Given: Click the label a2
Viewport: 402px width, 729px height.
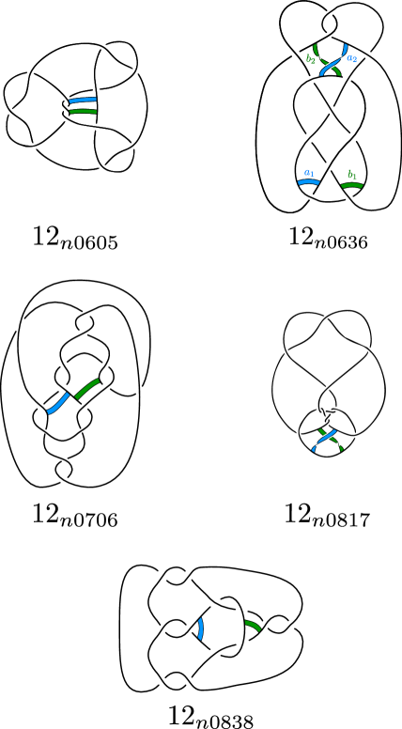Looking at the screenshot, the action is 351,59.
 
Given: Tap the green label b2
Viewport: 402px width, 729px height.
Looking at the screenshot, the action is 310,59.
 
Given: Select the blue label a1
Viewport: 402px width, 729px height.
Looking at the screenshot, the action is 308,173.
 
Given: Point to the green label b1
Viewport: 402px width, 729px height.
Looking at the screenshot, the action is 351,175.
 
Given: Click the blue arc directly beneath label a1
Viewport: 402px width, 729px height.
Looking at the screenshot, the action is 308,182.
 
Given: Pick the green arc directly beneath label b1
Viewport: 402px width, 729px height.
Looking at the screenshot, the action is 351,185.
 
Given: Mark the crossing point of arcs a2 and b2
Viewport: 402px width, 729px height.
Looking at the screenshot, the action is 329,64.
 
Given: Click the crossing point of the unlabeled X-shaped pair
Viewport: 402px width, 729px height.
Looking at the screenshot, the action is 327,438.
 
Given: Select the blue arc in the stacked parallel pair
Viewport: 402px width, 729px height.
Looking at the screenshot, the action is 83,100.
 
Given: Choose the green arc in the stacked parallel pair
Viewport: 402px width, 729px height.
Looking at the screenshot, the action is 83,111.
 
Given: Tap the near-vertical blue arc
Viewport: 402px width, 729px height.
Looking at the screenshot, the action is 200,628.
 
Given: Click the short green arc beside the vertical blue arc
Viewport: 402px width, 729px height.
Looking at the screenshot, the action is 253,625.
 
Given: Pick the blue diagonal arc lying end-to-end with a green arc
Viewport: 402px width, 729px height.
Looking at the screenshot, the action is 58,404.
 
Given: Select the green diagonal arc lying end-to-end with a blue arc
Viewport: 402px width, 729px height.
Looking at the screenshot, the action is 86,388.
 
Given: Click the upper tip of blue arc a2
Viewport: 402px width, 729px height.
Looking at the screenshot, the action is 346,45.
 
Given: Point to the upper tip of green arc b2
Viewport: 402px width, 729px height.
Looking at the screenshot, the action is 315,45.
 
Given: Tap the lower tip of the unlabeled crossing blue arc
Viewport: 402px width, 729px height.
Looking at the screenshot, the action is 313,451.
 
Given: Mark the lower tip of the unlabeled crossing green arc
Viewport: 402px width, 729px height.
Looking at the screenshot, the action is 342,450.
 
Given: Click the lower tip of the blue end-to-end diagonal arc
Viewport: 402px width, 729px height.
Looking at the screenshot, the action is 48,412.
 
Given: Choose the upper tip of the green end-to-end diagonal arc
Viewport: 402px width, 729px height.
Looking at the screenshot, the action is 99,380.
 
